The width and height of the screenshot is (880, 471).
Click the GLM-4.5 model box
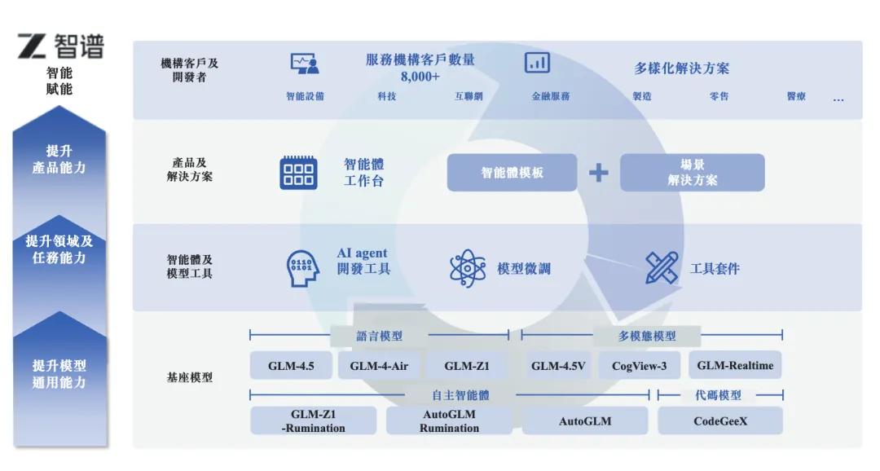[291, 365]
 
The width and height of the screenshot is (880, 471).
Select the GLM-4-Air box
[379, 365]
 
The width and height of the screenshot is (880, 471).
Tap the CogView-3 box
[640, 365]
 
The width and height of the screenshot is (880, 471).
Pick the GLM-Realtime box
[735, 365]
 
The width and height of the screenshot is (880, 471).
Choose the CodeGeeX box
[720, 420]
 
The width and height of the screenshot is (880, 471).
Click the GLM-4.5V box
[558, 365]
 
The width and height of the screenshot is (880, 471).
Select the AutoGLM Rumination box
[449, 420]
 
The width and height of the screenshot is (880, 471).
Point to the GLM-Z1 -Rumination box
[313, 420]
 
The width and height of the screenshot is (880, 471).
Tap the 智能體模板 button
[512, 172]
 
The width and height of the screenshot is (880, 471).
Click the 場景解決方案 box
[692, 172]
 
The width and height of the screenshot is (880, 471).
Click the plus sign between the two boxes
[598, 172]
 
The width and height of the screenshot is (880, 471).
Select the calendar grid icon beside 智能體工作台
[298, 172]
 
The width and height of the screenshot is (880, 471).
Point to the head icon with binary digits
[302, 268]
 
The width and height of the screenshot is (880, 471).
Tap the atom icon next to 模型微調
[467, 268]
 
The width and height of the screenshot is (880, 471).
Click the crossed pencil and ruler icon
[661, 267]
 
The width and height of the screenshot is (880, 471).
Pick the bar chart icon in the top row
[537, 62]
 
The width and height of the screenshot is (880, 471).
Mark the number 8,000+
[420, 77]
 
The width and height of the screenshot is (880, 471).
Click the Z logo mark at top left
[32, 46]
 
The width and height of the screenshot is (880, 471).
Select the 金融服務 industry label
[551, 96]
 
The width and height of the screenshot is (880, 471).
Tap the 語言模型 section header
[380, 336]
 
